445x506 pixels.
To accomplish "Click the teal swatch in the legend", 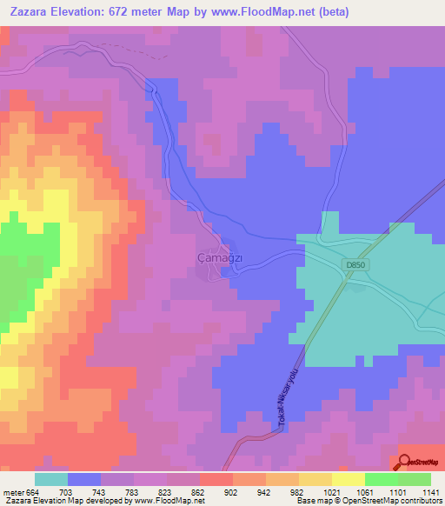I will pos(51,479).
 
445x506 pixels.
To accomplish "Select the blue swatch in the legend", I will pos(84,479).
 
